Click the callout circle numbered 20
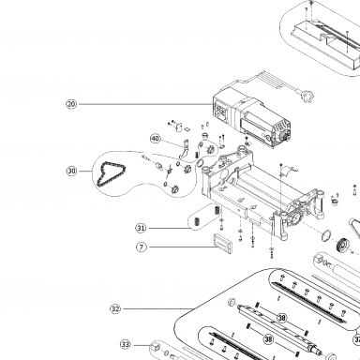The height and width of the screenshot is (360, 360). click(x=71, y=104)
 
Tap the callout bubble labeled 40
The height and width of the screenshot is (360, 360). click(x=156, y=139)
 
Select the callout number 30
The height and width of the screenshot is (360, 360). click(x=71, y=172)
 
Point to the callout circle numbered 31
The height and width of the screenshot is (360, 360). click(x=142, y=228)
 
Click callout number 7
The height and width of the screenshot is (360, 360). click(x=142, y=247)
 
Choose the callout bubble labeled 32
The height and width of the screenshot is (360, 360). click(x=115, y=309)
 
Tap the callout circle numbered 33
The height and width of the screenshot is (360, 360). click(x=126, y=345)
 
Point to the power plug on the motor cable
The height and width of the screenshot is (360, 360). click(x=307, y=96)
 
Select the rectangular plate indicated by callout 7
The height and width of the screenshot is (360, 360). click(x=223, y=242)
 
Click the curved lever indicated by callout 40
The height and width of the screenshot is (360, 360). click(x=185, y=150)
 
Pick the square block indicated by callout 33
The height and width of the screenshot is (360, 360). click(x=156, y=347)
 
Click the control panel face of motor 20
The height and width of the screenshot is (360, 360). click(x=222, y=112)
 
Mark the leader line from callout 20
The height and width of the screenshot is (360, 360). click(x=145, y=104)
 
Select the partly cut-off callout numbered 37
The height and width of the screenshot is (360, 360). click(x=357, y=339)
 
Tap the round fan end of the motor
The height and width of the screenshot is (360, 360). click(x=285, y=135)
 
